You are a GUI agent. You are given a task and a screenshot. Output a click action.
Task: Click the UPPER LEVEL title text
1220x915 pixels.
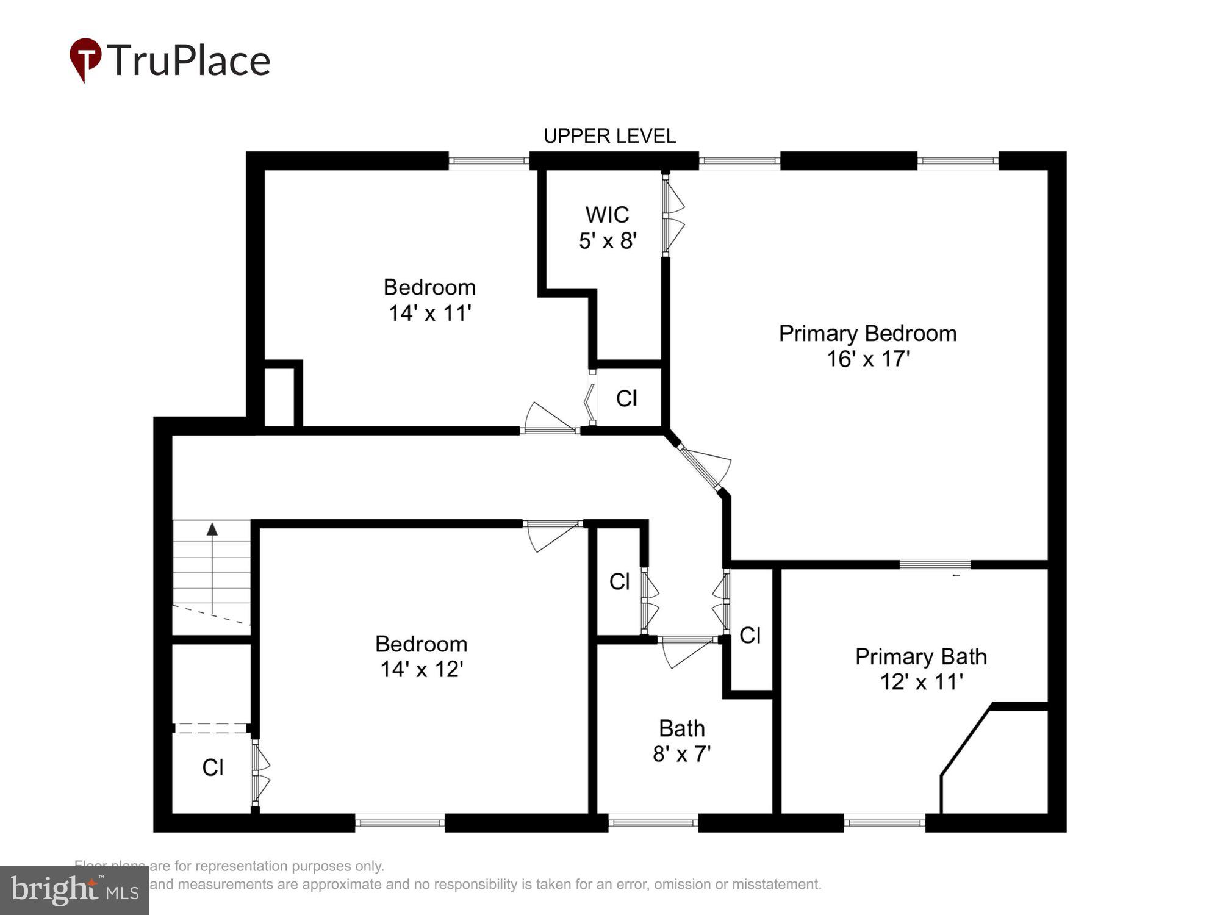(609, 136)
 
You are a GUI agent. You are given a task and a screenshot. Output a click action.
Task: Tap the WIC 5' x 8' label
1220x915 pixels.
(608, 228)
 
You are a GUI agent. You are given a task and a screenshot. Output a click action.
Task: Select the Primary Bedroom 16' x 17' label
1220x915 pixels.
(867, 346)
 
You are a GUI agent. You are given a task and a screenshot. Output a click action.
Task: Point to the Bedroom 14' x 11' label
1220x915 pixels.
(429, 300)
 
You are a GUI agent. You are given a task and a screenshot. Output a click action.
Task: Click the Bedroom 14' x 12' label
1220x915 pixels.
(421, 656)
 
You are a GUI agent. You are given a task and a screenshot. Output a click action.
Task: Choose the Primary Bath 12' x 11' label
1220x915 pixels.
(920, 669)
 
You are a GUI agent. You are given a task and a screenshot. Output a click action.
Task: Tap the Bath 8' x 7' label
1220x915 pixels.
(681, 741)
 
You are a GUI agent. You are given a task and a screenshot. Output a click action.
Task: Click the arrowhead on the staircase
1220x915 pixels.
(212, 529)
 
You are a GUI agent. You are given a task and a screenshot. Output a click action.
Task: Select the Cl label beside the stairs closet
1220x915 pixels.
(213, 767)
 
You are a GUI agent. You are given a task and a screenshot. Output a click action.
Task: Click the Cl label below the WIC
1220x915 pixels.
(626, 398)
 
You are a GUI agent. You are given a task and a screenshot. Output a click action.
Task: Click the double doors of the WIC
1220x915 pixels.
(672, 215)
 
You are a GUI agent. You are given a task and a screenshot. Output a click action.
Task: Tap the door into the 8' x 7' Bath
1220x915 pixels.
(686, 650)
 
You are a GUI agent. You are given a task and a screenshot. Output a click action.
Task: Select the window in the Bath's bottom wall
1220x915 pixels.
(653, 823)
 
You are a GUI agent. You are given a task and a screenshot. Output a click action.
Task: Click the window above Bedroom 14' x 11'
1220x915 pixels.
(489, 161)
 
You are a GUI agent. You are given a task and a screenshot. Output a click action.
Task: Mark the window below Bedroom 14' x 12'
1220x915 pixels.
(400, 823)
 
